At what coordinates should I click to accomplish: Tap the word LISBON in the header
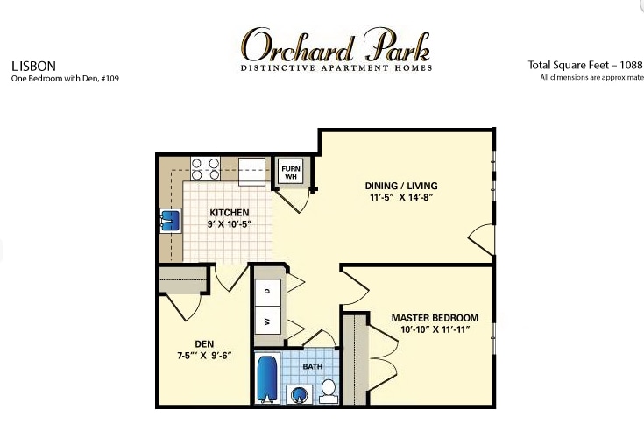point(34,65)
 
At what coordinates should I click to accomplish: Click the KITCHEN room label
point(230,213)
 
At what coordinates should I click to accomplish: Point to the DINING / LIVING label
point(401,186)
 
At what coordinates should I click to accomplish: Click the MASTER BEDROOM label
point(435,317)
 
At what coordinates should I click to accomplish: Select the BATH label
point(313,367)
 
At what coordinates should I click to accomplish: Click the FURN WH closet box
point(289,171)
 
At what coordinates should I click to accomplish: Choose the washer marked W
point(267,321)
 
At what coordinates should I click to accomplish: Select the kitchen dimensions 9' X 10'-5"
point(230,224)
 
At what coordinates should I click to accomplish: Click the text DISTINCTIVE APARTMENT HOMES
point(336,67)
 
